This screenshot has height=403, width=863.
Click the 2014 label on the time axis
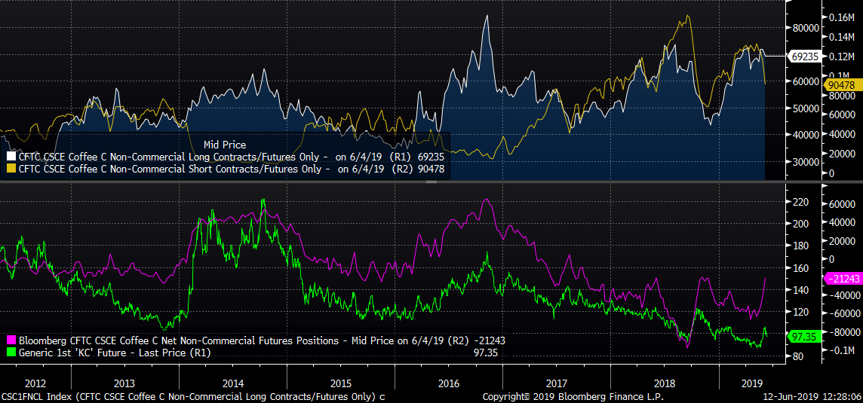[234, 383]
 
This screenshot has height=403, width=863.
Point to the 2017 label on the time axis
[556, 383]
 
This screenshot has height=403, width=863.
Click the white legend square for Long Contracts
[11, 157]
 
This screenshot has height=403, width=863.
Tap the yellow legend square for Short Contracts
[11, 169]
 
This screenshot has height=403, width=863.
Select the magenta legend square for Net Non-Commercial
[11, 340]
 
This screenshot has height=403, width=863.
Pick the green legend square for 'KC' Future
[11, 353]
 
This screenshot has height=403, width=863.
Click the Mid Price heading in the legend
[225, 145]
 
